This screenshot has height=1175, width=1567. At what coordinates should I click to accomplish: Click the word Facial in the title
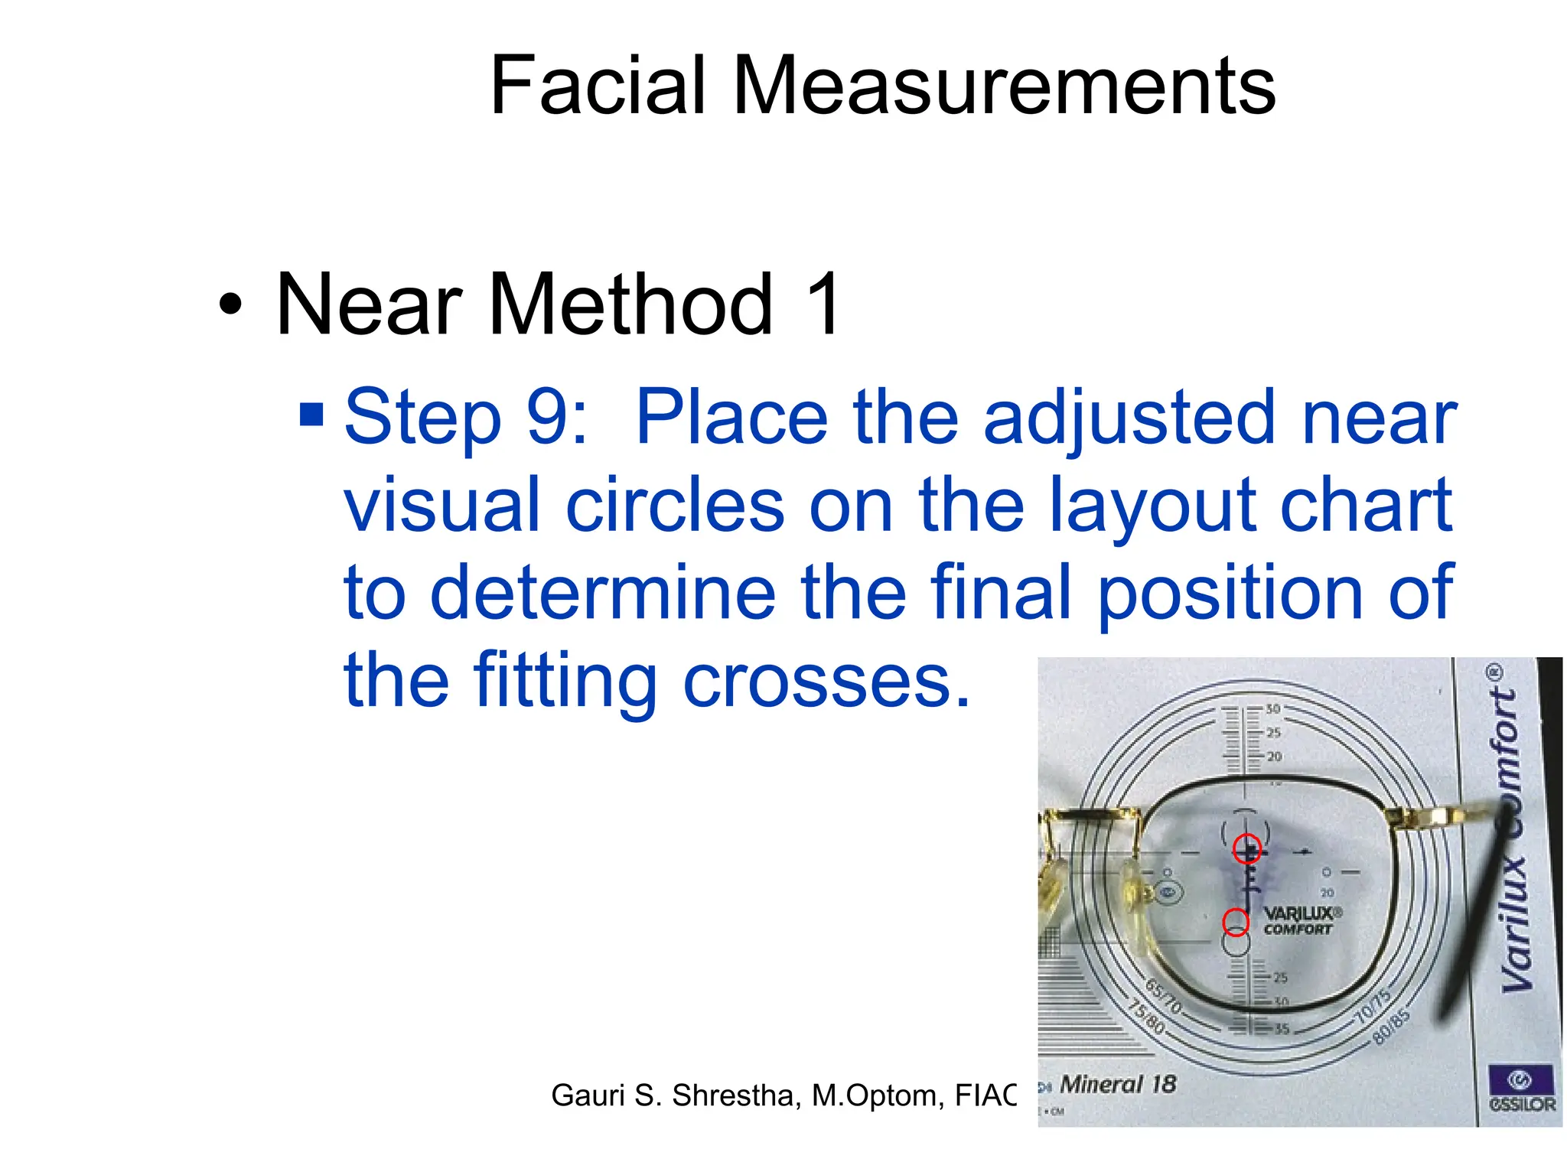click(597, 86)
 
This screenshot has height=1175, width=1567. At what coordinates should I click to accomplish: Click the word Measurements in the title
click(1004, 86)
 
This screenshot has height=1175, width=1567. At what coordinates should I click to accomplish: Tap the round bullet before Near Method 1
click(230, 305)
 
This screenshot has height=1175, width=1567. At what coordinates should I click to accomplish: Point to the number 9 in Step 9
click(548, 418)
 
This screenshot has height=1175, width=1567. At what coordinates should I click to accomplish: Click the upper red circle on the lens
click(1247, 848)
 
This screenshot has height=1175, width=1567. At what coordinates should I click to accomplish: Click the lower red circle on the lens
click(1236, 922)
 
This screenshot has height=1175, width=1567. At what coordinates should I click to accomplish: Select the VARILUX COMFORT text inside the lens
click(1298, 921)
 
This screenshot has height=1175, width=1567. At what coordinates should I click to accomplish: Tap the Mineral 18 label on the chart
click(1118, 1084)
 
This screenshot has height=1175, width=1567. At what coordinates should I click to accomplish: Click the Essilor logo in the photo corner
click(1521, 1088)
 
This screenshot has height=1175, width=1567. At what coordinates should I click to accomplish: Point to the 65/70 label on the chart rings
click(1163, 995)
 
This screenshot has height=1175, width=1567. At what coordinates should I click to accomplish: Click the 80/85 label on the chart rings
click(1390, 1026)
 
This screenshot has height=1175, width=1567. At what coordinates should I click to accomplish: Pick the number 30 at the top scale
click(1272, 709)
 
